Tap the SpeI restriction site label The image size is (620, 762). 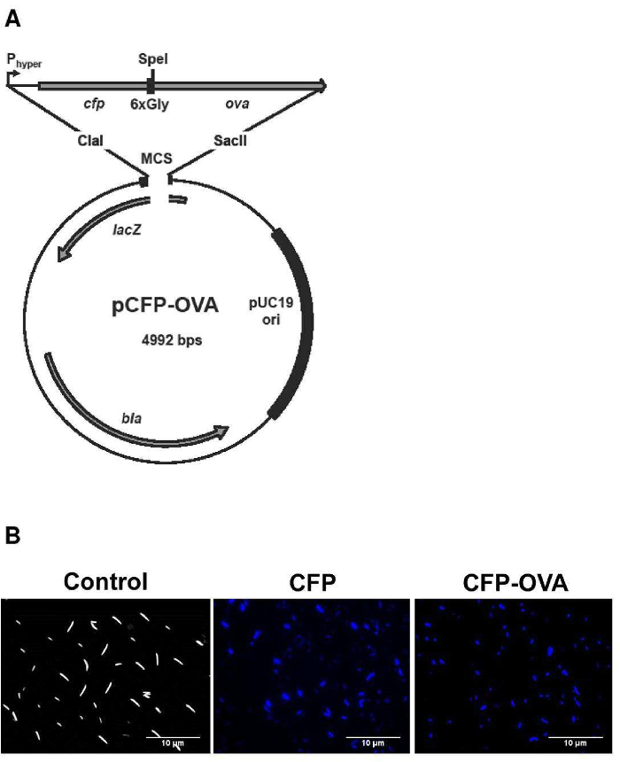(x=152, y=59)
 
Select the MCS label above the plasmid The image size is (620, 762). (x=156, y=160)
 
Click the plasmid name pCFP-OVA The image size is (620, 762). (x=159, y=307)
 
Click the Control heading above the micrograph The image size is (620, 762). (x=105, y=582)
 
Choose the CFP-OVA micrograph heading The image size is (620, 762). (x=514, y=582)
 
